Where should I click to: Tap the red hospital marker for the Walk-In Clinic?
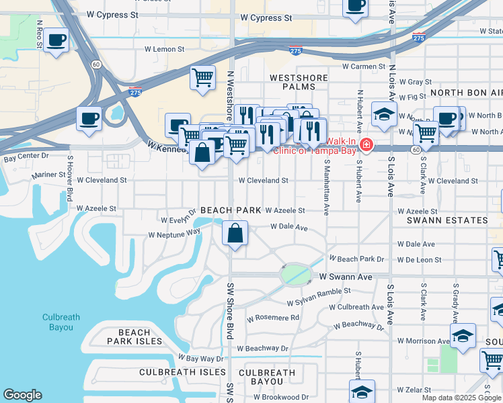pyautogui.click(x=366, y=145)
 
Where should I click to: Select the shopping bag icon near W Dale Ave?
pyautogui.click(x=235, y=234)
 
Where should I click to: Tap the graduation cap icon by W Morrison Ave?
pyautogui.click(x=463, y=336)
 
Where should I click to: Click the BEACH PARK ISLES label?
pyautogui.click(x=134, y=337)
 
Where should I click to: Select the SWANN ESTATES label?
pyautogui.click(x=452, y=220)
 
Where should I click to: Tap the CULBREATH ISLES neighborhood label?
pyautogui.click(x=183, y=371)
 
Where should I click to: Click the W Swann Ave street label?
pyautogui.click(x=345, y=277)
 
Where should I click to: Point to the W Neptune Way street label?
pyautogui.click(x=175, y=233)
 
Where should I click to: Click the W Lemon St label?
pyautogui.click(x=165, y=49)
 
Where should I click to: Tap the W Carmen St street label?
pyautogui.click(x=364, y=66)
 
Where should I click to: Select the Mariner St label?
pyautogui.click(x=51, y=175)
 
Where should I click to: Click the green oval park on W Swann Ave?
pyautogui.click(x=296, y=274)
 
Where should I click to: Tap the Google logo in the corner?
pyautogui.click(x=22, y=395)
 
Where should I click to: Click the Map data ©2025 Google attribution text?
pyautogui.click(x=461, y=398)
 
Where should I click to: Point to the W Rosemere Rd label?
pyautogui.click(x=273, y=318)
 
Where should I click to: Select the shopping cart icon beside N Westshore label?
pyautogui.click(x=202, y=78)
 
